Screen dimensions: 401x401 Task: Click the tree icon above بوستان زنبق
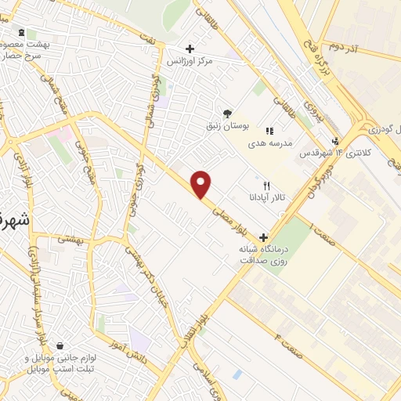(227, 114)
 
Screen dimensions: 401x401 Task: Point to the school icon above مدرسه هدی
(270, 131)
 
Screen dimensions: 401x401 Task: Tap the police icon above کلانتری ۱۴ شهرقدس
(335, 141)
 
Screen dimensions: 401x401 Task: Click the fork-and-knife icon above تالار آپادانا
(266, 186)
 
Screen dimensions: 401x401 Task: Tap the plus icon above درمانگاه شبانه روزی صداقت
(263, 237)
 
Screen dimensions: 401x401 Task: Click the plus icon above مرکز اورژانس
(190, 49)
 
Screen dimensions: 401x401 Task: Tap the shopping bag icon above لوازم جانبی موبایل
(60, 346)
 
